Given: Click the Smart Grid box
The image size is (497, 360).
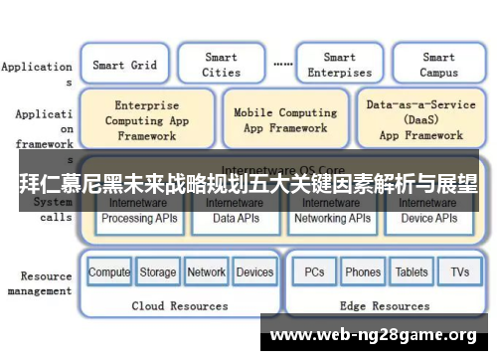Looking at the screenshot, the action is [x=124, y=66].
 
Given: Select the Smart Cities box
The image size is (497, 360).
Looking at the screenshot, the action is [x=221, y=66].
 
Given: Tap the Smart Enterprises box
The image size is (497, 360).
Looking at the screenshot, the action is [x=339, y=66].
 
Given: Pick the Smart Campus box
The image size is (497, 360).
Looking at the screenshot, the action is [x=438, y=66].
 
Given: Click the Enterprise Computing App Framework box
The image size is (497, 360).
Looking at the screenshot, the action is [x=146, y=120].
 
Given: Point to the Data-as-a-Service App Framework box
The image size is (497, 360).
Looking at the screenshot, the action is [x=420, y=119].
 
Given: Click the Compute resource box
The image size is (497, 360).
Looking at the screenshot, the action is [x=109, y=271].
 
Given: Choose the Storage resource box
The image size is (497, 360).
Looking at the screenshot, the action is [x=158, y=271].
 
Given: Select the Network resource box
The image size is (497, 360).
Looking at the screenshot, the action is [x=207, y=271].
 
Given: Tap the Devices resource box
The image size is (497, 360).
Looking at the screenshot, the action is [x=255, y=271].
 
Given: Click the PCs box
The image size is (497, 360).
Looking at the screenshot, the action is [x=314, y=271].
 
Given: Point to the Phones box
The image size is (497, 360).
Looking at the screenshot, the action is [x=363, y=271].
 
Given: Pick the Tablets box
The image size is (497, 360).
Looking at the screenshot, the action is [x=412, y=271].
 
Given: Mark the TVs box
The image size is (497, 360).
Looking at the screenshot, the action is [x=459, y=271].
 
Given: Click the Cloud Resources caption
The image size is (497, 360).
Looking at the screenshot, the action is [x=180, y=305].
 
